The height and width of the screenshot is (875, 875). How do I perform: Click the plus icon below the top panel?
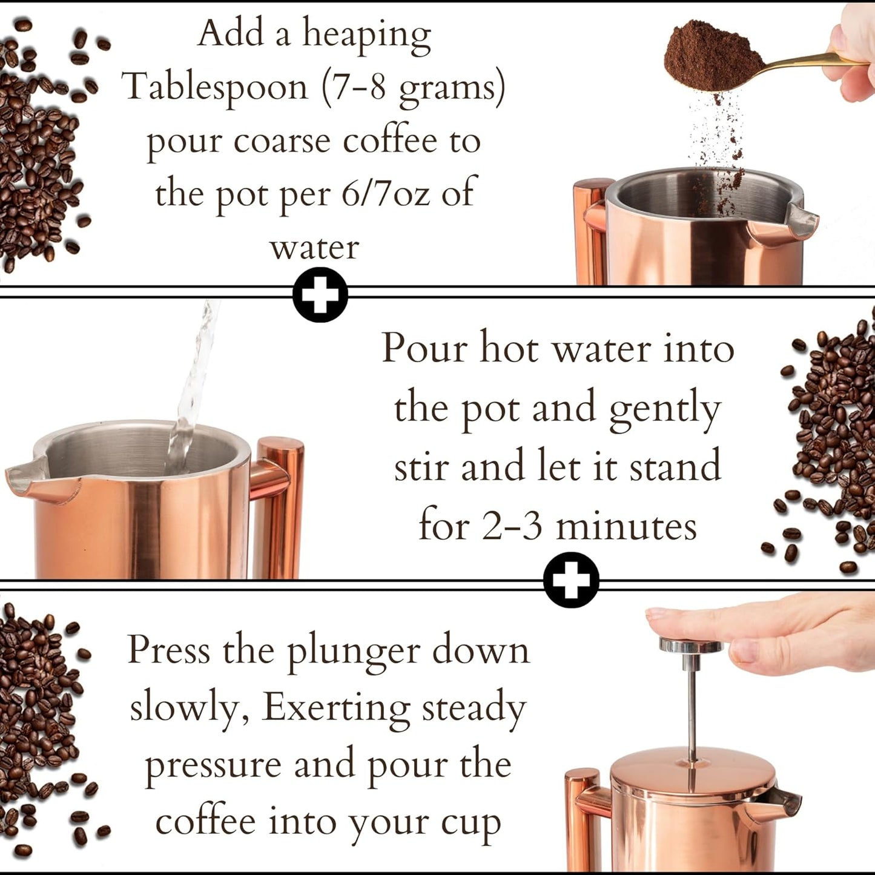[x=320, y=295]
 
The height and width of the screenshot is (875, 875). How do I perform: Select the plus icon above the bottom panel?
[x=571, y=579]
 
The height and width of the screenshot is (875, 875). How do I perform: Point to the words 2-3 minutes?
[x=589, y=526]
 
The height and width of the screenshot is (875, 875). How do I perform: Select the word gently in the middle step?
[x=664, y=409]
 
